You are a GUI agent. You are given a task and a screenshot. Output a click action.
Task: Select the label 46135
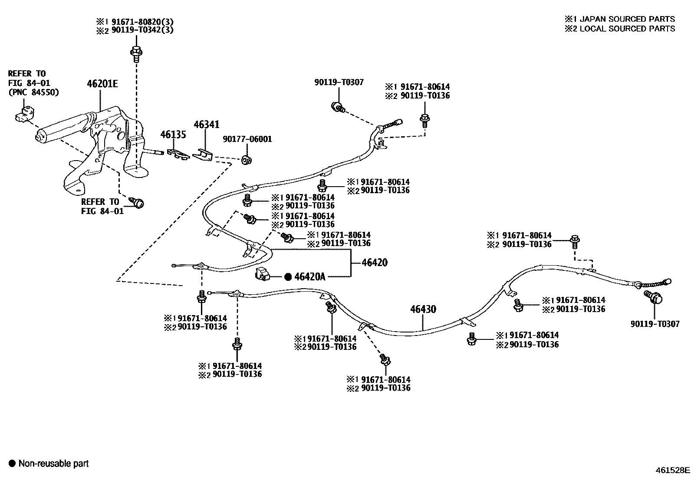pos(173,135)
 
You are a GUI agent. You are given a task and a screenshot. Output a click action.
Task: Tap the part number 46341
pos(206,125)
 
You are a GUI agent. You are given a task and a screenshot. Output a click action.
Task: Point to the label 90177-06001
pos(247,139)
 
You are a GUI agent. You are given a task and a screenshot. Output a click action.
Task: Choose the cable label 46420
pos(374,263)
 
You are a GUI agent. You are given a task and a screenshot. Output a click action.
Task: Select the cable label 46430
pos(423,309)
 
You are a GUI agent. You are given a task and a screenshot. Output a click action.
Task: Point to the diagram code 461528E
pos(672,470)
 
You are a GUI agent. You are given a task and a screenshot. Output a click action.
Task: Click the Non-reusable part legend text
pos(53,464)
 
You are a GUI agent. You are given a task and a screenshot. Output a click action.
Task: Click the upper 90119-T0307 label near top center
pos(339,82)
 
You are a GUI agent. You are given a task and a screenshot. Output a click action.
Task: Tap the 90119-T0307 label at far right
pos(655,324)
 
